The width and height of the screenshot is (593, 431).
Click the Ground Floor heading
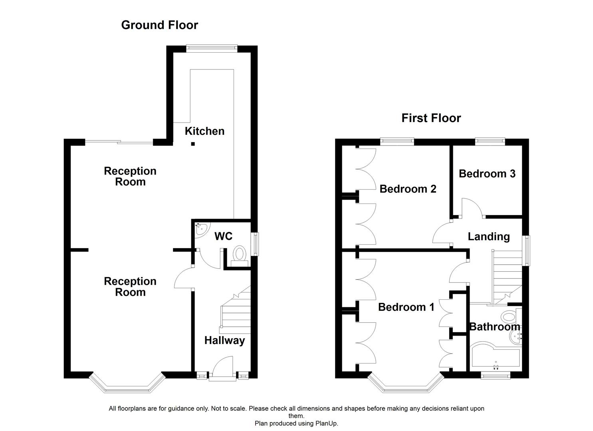[159, 25]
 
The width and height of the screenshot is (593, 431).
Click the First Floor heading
[431, 118]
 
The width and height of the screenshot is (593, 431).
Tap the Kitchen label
[204, 131]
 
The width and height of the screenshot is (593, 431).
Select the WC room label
[224, 236]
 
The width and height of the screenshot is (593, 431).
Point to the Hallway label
[224, 341]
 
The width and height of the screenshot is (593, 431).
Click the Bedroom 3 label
[487, 174]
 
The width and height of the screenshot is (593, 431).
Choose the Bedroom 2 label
[408, 189]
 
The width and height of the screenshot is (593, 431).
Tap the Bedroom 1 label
[406, 307]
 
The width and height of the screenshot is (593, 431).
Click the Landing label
[489, 237]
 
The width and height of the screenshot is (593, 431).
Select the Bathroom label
[494, 327]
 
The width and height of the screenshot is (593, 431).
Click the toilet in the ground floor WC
[240, 256]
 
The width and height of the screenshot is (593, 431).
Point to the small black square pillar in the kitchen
[193, 144]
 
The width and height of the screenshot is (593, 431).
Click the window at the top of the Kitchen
[212, 48]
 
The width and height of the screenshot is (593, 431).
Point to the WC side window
[255, 244]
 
